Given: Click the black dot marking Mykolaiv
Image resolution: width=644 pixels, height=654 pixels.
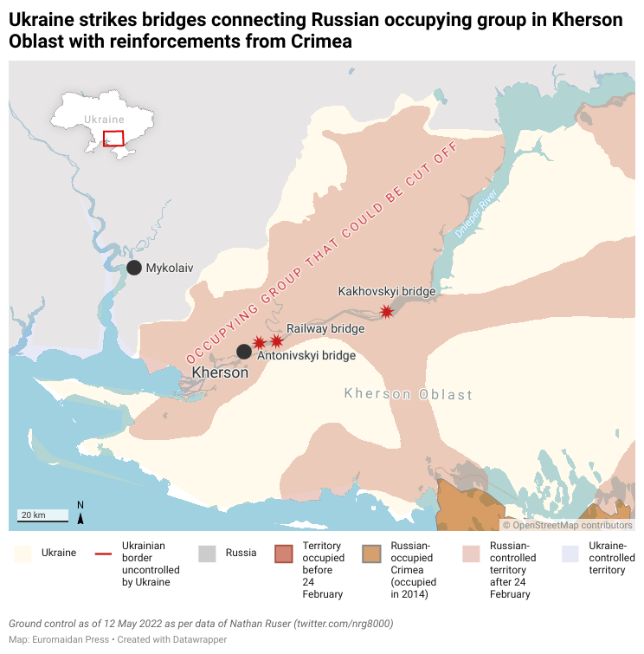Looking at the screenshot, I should [x=134, y=268].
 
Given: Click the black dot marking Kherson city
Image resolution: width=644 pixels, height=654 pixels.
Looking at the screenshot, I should [x=244, y=351].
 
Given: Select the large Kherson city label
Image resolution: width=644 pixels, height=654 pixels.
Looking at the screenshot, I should [x=219, y=372].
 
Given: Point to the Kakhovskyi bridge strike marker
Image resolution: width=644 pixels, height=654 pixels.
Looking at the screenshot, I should [x=386, y=311].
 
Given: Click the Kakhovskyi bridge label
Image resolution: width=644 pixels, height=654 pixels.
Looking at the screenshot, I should [x=386, y=292].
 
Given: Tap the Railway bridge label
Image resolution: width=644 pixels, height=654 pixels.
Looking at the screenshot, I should [x=325, y=329].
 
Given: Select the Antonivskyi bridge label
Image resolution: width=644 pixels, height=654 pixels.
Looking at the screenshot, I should [x=306, y=355].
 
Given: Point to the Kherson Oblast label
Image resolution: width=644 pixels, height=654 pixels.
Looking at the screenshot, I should [x=409, y=395].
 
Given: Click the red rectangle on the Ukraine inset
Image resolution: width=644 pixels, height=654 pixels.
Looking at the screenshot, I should [x=113, y=139].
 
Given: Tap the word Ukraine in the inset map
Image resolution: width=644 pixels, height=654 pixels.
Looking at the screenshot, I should [x=104, y=120].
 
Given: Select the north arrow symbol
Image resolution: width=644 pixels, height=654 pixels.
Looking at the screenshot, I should [x=80, y=517].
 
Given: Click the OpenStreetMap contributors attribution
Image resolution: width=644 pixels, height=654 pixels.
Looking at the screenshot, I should [x=568, y=525].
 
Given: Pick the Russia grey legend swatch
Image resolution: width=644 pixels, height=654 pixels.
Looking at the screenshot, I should [x=207, y=553].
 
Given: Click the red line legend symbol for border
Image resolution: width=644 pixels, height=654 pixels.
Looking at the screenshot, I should [x=104, y=553].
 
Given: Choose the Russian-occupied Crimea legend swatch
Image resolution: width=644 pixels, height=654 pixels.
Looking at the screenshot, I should [x=372, y=553].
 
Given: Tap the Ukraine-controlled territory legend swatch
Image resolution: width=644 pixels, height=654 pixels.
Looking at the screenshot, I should [x=570, y=553].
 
